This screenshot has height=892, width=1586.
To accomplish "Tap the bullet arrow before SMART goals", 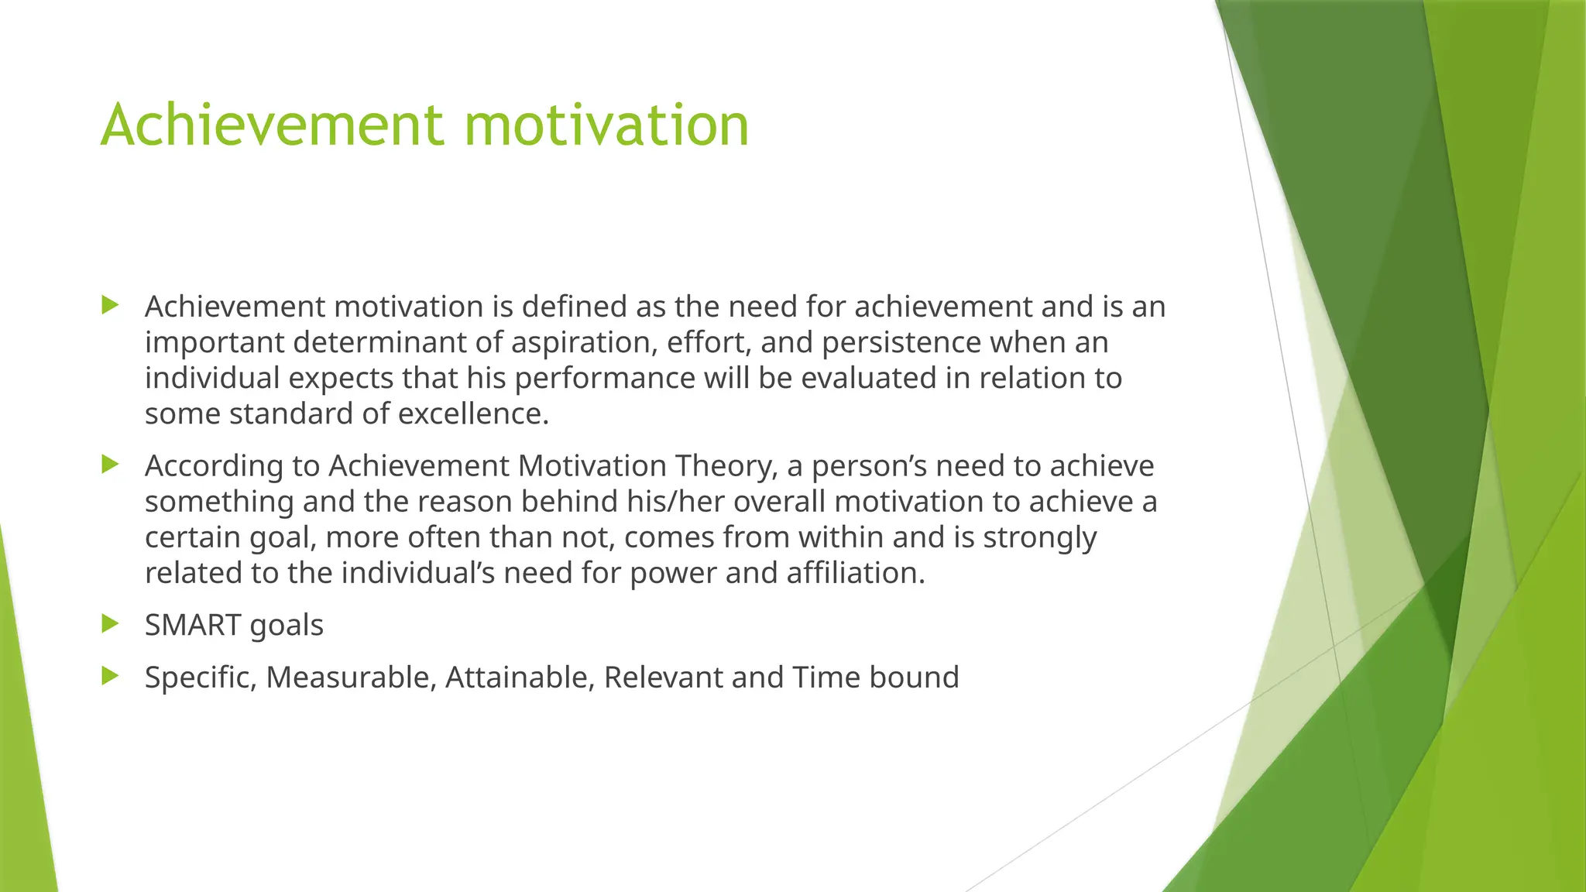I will (x=110, y=623).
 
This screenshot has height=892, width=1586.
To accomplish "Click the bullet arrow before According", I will (x=110, y=465).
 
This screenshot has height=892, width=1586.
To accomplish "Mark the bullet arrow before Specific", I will (x=110, y=676).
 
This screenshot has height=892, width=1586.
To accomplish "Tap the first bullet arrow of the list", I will (x=110, y=305).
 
